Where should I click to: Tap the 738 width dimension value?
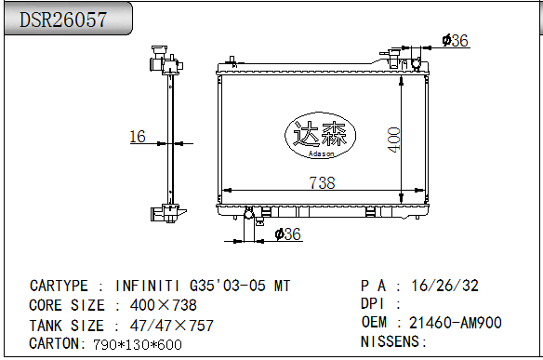[x=322, y=183]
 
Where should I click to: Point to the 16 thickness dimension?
[x=137, y=137]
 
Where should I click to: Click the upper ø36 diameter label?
[x=455, y=40]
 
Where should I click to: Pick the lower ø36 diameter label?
[x=289, y=234]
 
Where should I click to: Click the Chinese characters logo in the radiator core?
[x=320, y=136]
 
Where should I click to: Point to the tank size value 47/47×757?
[x=163, y=325]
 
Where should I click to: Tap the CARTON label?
[x=58, y=344]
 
